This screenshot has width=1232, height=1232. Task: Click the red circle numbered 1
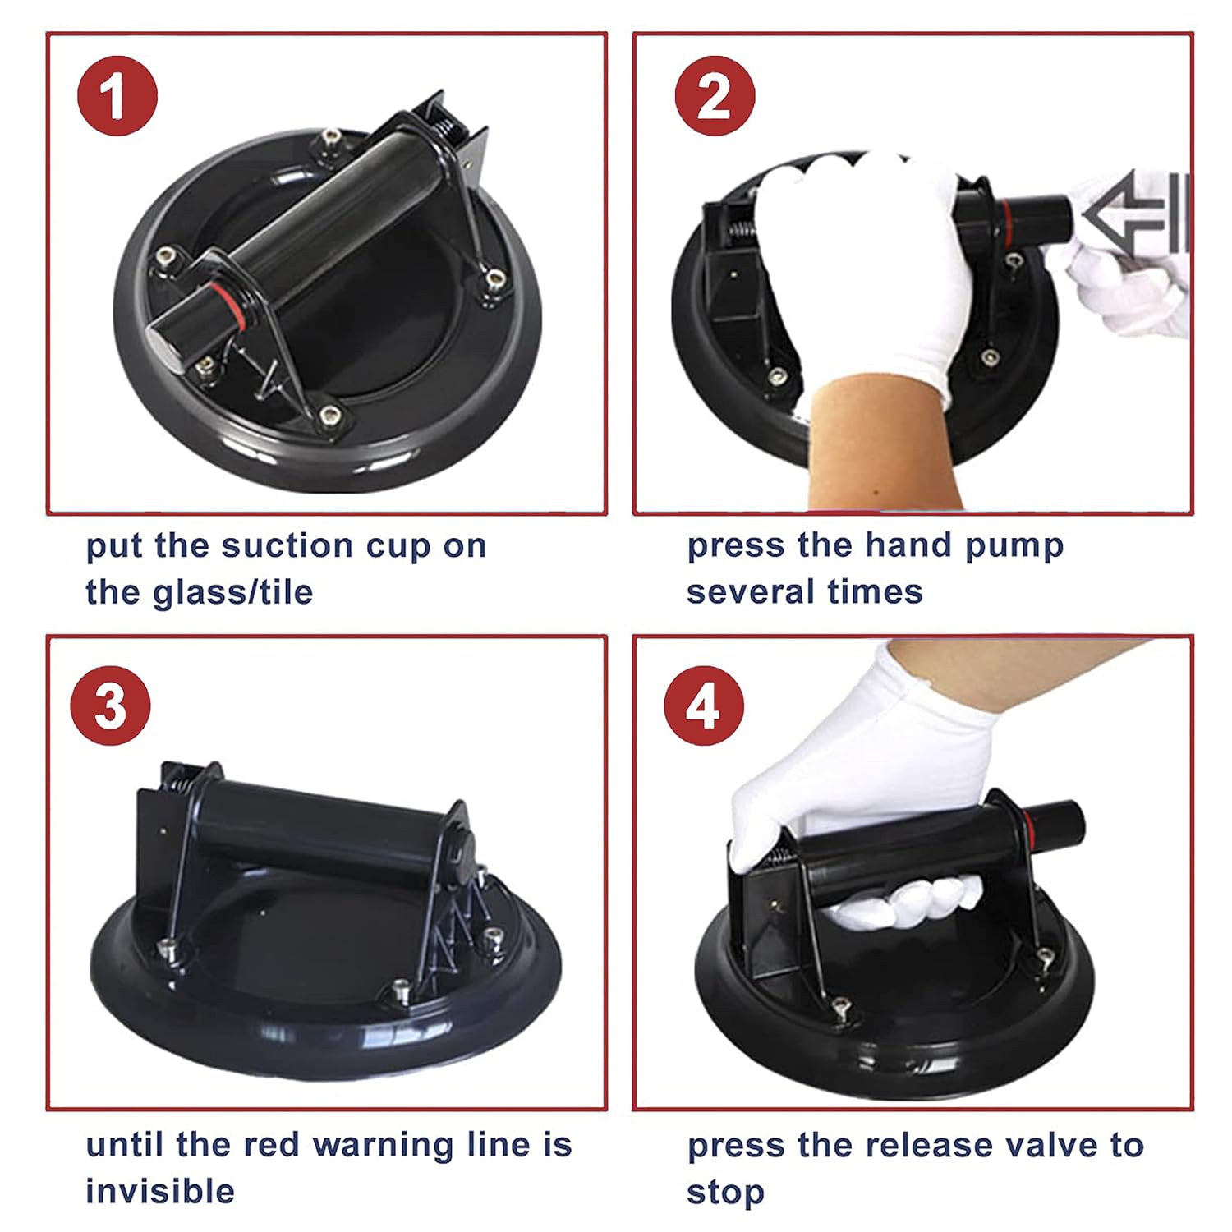[117, 96]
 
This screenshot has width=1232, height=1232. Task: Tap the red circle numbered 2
[714, 96]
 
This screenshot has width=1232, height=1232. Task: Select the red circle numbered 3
[111, 706]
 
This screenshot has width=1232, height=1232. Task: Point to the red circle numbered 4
[704, 706]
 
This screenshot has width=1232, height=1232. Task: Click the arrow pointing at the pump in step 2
[1134, 213]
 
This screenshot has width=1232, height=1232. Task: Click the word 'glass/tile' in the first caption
[234, 592]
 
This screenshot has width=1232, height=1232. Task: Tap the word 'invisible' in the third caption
[160, 1191]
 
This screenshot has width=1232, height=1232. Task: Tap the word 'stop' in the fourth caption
[725, 1193]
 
